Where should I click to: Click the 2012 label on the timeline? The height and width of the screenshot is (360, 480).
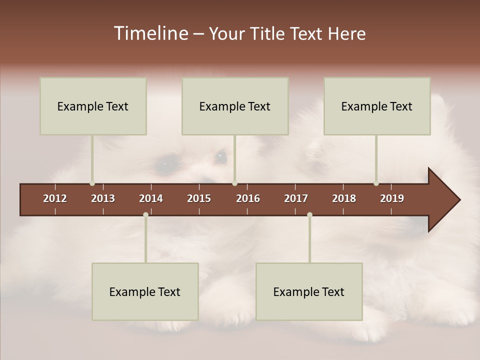pos(55,198)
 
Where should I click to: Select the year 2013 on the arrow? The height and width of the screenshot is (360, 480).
pos(103,198)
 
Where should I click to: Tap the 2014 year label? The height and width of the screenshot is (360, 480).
pos(151,198)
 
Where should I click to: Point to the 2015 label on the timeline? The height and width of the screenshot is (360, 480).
pos(199,198)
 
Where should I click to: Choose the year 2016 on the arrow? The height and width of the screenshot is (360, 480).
pos(248,198)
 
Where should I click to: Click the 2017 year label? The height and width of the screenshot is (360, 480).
pos(296,198)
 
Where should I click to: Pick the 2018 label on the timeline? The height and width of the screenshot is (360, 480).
pos(344,198)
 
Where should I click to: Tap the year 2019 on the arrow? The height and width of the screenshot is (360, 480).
pos(392,198)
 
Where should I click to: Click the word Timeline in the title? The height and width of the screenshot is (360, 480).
pos(150,33)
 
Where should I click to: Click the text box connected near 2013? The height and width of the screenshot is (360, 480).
pos(93,106)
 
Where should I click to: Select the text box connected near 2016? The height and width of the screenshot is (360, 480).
pos(235,106)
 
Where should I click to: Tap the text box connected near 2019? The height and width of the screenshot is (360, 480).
pos(377,106)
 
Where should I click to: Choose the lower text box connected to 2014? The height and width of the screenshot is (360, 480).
pos(145,291)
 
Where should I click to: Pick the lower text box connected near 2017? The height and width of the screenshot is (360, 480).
pos(309,291)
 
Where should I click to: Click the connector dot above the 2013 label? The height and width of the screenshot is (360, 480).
pos(92,183)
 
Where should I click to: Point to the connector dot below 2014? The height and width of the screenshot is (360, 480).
pos(145,214)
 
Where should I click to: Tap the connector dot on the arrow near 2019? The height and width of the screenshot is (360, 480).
pos(376,183)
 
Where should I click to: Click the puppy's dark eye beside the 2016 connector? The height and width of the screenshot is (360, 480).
pos(220,157)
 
